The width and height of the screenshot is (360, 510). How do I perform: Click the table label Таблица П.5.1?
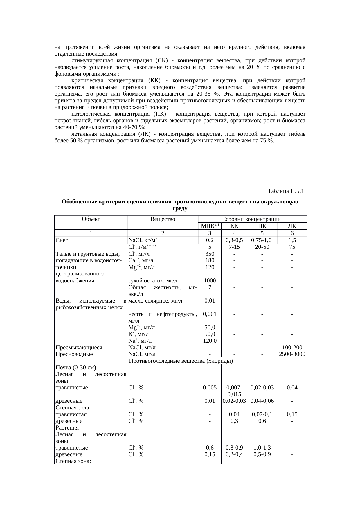pyautogui.click(x=286, y=191)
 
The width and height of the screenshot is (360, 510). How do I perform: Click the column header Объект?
pyautogui.click(x=91, y=219)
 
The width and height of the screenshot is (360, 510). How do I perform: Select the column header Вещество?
pyautogui.click(x=163, y=219)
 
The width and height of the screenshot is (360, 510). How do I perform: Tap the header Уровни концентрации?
pyautogui.click(x=253, y=219)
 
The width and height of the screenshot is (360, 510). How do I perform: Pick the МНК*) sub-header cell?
pyautogui.click(x=209, y=226)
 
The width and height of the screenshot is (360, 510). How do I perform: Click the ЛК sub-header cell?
pyautogui.click(x=292, y=226)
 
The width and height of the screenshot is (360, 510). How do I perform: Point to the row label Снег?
pyautogui.click(x=62, y=240)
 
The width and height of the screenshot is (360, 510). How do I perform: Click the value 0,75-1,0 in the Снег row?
pyautogui.click(x=262, y=240)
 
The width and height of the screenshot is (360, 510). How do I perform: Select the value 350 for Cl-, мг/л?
pyautogui.click(x=210, y=254)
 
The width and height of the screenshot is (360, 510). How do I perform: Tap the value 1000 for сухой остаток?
pyautogui.click(x=210, y=281)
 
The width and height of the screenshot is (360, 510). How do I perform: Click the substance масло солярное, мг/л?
pyautogui.click(x=155, y=301)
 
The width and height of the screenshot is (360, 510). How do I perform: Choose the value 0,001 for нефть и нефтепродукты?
pyautogui.click(x=210, y=314)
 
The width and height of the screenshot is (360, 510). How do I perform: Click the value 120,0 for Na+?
pyautogui.click(x=210, y=341)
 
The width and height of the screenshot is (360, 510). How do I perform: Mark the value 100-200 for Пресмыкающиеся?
pyautogui.click(x=292, y=348)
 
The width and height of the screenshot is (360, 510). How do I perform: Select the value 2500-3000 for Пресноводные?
pyautogui.click(x=292, y=354)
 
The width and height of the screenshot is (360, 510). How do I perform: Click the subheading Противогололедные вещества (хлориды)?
pyautogui.click(x=181, y=361)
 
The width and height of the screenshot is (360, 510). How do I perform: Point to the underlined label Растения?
pyautogui.click(x=67, y=428)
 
